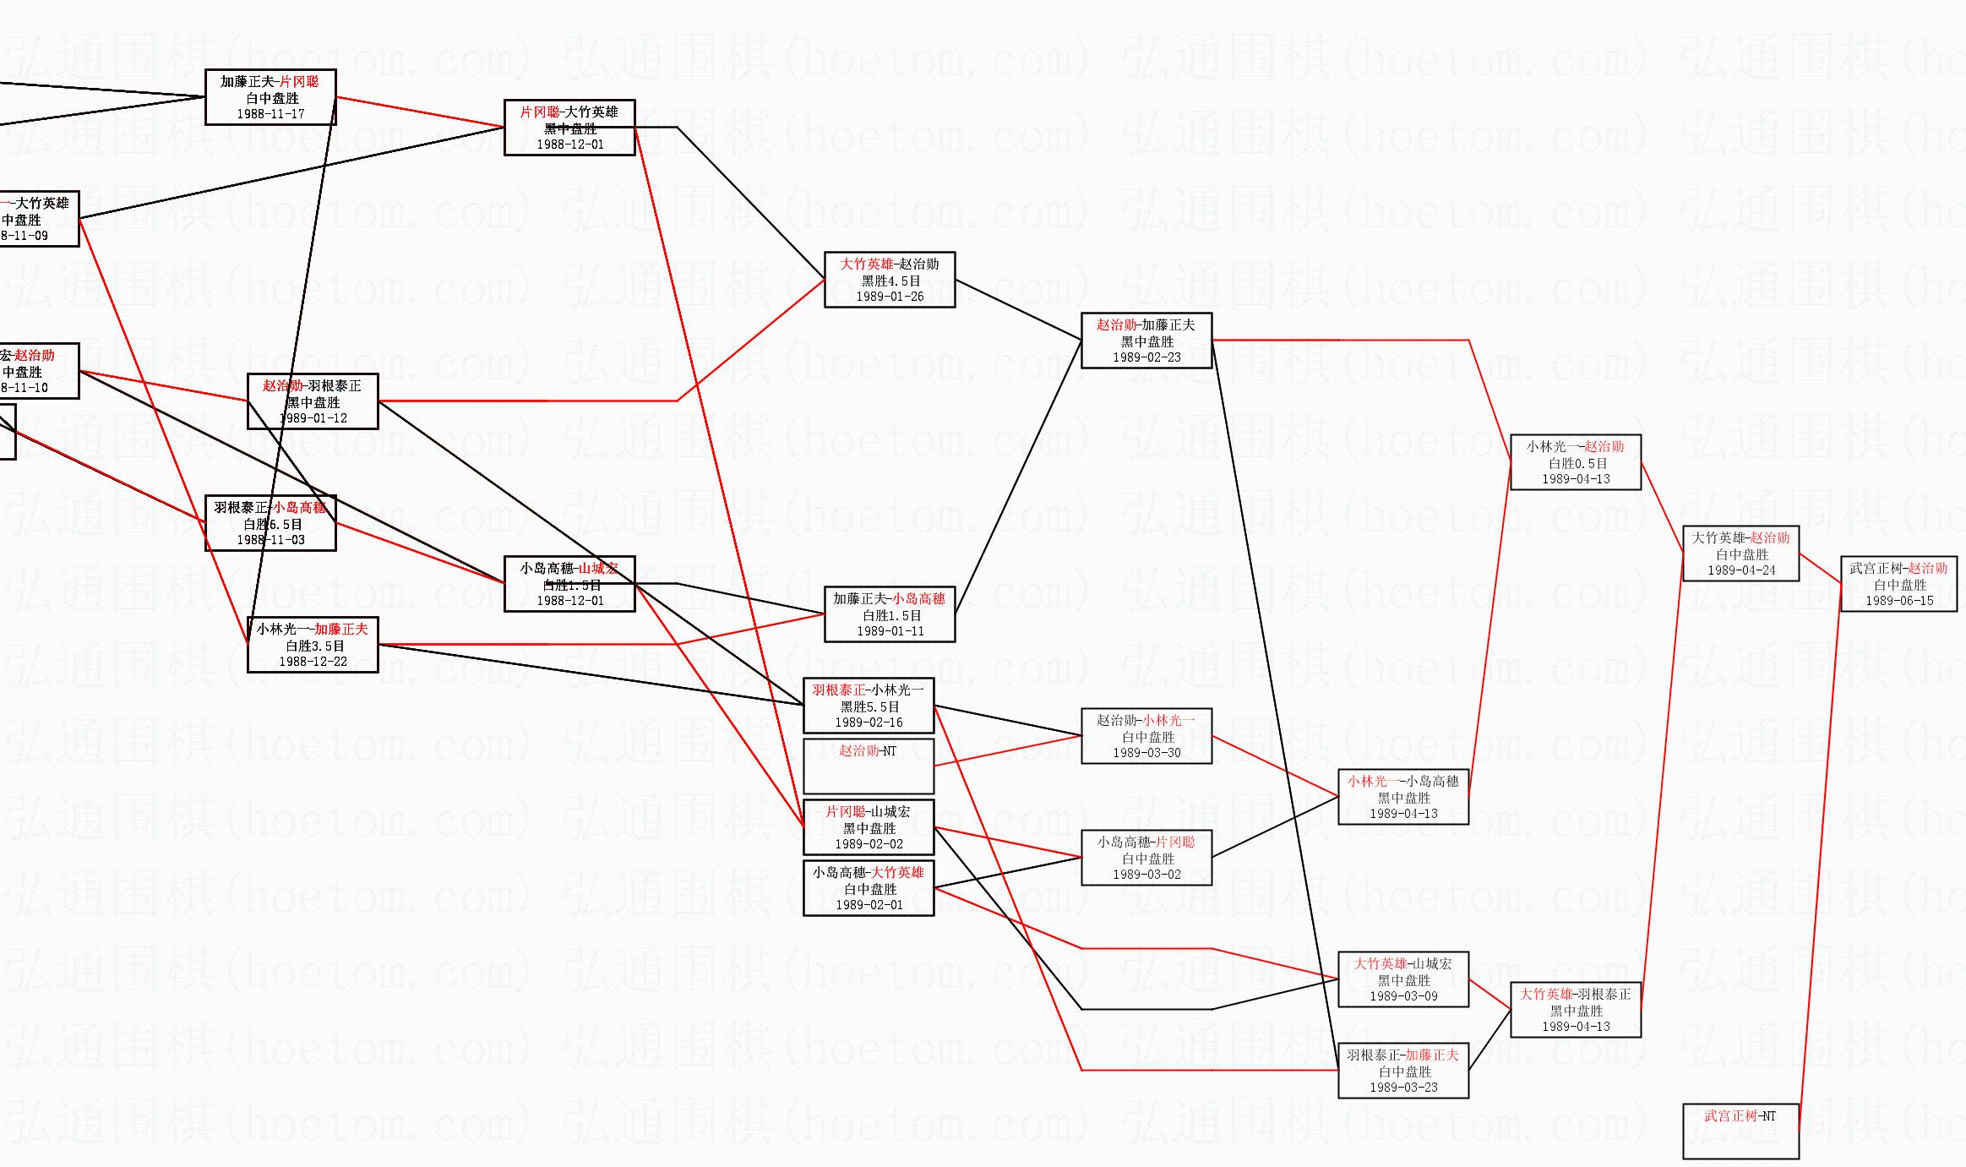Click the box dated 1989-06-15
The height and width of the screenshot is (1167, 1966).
1898,584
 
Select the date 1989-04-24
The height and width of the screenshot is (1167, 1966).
1741,570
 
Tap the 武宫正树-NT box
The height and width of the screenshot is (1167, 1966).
1740,1131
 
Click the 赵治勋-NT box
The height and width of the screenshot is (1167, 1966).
868,766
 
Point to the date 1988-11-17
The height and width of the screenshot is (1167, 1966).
270,114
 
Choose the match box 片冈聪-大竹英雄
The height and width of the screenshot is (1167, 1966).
569,128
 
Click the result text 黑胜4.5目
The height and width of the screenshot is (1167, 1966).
890,281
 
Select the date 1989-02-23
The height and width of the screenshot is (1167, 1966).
1146,357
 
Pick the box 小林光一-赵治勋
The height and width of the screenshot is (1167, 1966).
1576,462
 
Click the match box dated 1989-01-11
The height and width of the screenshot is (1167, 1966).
890,614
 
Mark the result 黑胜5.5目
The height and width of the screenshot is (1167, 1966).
869,706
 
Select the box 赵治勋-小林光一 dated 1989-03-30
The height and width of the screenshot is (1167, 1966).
1146,736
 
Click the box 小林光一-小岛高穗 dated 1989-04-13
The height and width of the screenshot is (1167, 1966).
1403,797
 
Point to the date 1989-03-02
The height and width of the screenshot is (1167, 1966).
1146,875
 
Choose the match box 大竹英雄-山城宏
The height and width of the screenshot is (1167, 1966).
1403,979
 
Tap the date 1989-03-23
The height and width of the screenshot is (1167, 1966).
1403,1088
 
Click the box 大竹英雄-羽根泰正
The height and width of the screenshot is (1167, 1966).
1576,1010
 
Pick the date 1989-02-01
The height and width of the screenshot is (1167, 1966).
869,905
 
